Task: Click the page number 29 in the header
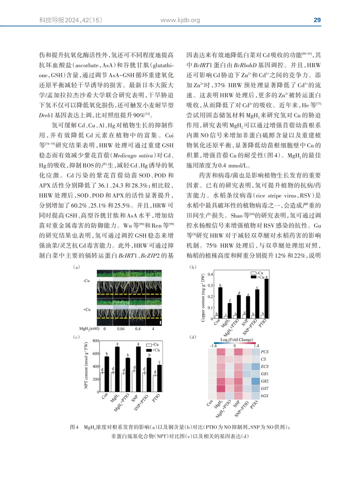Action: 317,20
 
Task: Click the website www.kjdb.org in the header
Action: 180,20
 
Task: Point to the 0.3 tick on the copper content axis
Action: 210,286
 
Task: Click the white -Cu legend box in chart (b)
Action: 254,273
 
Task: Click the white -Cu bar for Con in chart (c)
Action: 102,382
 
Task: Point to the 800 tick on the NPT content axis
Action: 96,341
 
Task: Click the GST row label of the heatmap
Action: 265,388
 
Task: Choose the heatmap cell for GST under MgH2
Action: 221,388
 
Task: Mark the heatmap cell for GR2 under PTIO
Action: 256,381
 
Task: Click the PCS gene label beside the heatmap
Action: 265,352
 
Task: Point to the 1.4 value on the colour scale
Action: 256,346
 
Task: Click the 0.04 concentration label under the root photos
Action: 121,329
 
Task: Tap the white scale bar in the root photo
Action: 160,323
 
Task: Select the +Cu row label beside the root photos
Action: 87,310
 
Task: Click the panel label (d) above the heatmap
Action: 193,337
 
